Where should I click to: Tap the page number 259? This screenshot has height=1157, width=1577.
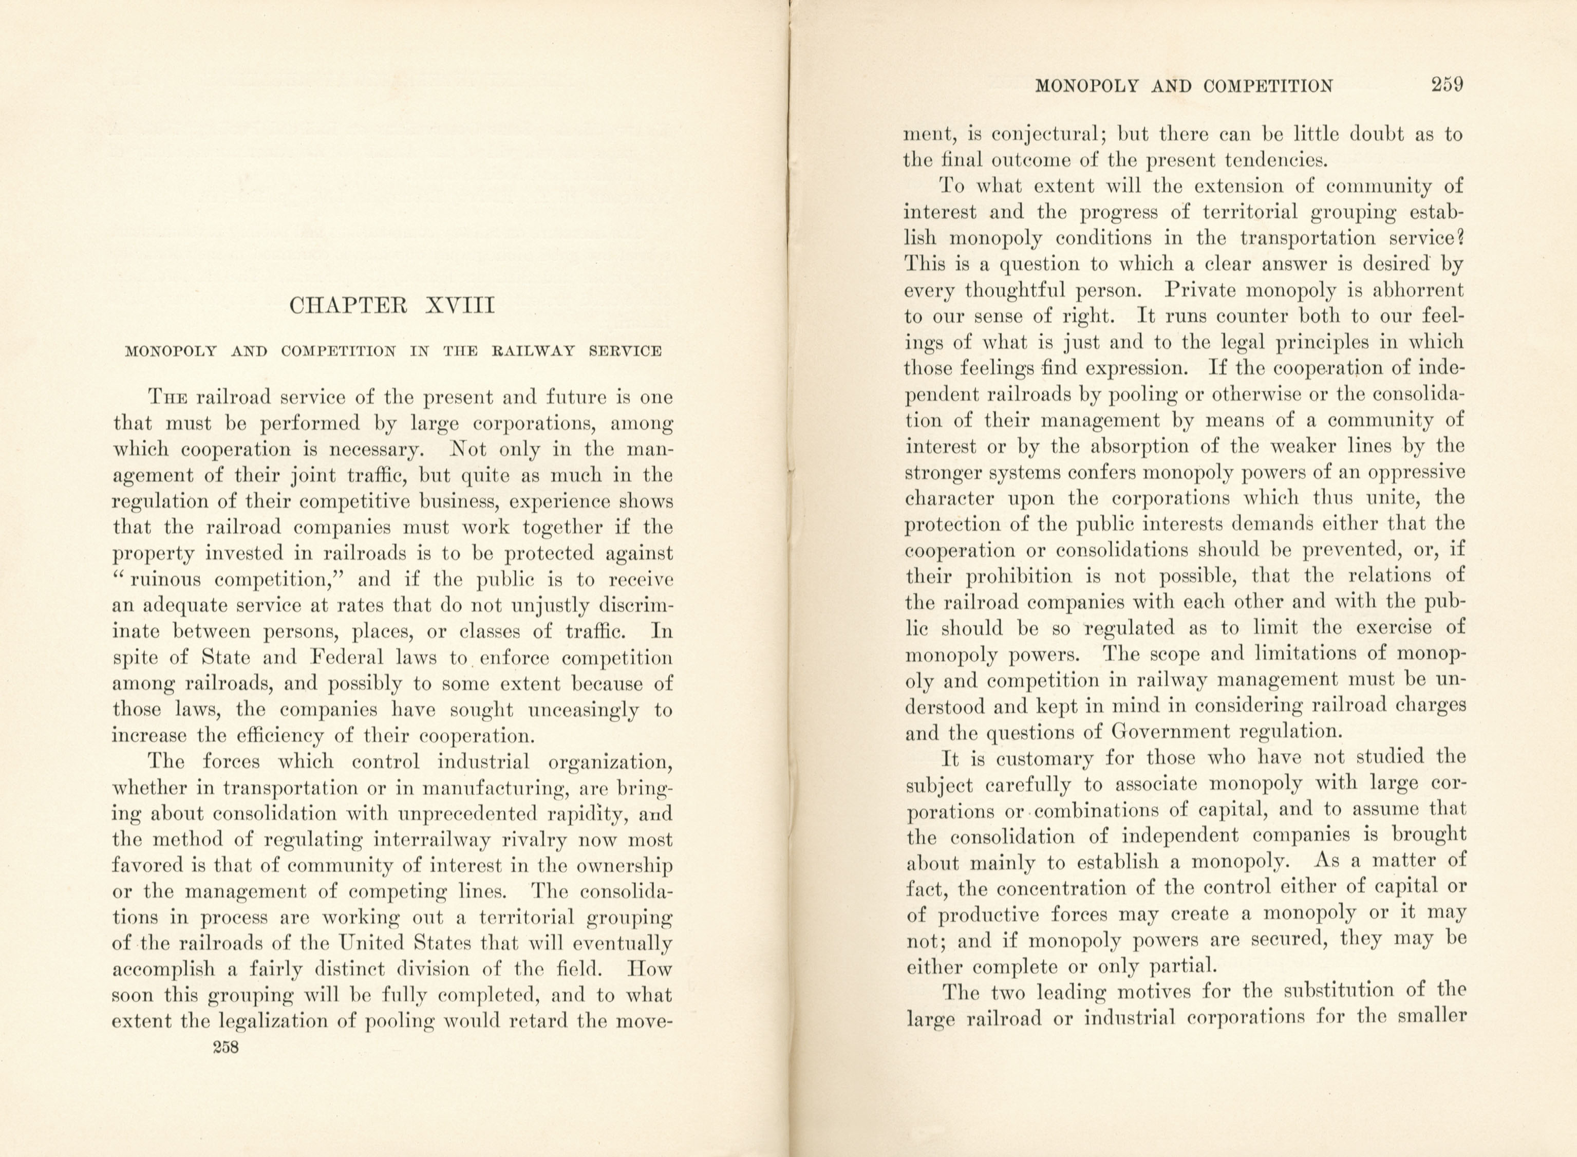1447,85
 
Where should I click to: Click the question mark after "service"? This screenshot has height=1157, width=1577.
1461,237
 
